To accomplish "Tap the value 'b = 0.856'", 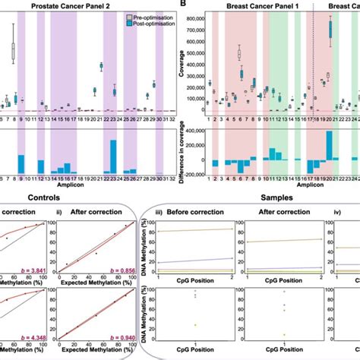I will [113, 270].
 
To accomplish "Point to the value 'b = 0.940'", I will [113, 344].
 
